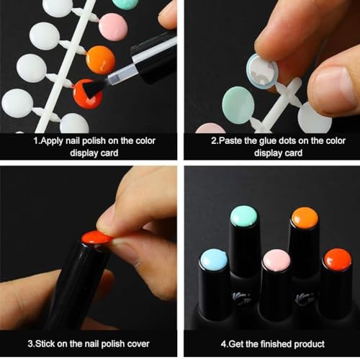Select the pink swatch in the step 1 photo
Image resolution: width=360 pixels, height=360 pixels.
click(112, 27)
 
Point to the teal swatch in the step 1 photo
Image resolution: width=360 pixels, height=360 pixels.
click(126, 3)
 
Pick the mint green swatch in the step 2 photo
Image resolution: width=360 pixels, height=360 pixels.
click(238, 102)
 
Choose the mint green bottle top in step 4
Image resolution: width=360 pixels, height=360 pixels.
click(244, 215)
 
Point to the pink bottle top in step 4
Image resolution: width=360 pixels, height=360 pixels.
click(275, 260)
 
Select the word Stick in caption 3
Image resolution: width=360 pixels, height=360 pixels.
click(45, 343)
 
